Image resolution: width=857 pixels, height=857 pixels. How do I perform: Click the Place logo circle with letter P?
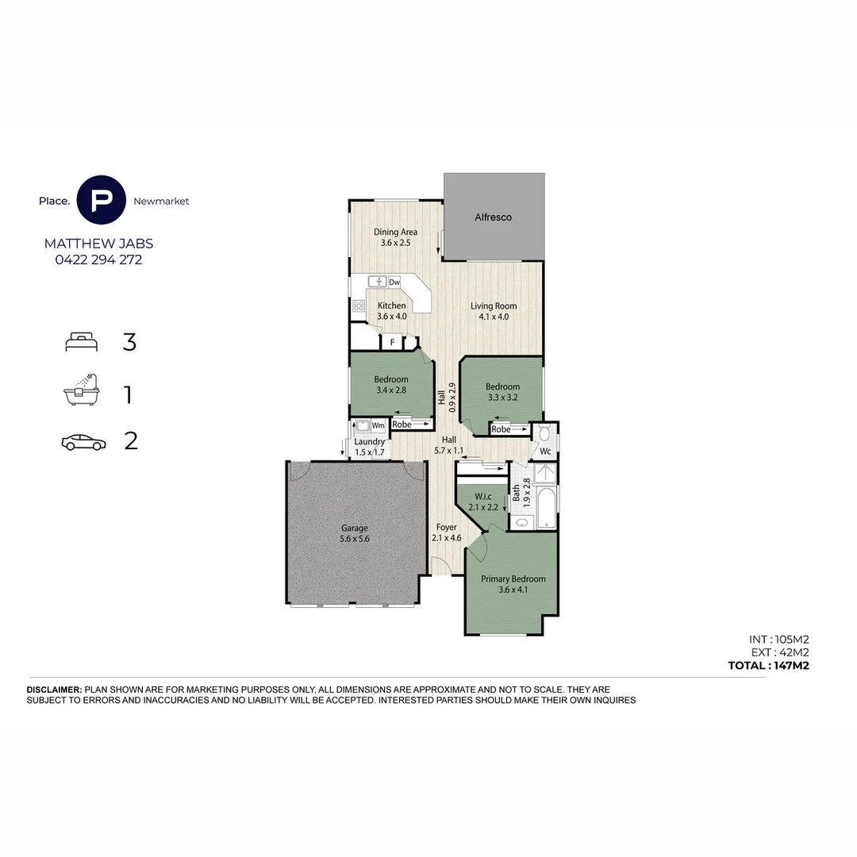pos(102,200)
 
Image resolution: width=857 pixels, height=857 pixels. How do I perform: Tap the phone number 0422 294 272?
pos(98,259)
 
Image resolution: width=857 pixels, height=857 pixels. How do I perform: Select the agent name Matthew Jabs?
pos(98,244)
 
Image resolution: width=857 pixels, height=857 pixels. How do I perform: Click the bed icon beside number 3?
pos(82,342)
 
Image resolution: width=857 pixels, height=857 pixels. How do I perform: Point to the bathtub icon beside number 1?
pos(83,390)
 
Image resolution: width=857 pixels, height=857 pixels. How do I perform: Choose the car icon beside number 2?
pos(83,442)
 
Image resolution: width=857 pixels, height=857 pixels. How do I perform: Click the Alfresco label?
pos(493,217)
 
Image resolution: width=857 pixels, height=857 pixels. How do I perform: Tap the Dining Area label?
pos(395,233)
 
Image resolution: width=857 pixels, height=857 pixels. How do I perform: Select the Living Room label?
pos(493,306)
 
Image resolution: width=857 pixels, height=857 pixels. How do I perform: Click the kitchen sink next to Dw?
pos(377,282)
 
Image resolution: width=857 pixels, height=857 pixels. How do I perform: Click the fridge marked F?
pos(391,343)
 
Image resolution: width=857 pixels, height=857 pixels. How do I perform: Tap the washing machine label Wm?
pos(379,425)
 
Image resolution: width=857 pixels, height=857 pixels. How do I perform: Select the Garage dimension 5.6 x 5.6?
pos(355,539)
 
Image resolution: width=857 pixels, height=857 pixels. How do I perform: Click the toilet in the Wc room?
pos(544,434)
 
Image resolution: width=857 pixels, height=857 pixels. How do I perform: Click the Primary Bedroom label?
pos(513,578)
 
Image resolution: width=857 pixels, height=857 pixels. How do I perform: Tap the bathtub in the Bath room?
pos(547,508)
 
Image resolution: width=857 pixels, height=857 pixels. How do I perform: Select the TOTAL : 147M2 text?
pos(767,666)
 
